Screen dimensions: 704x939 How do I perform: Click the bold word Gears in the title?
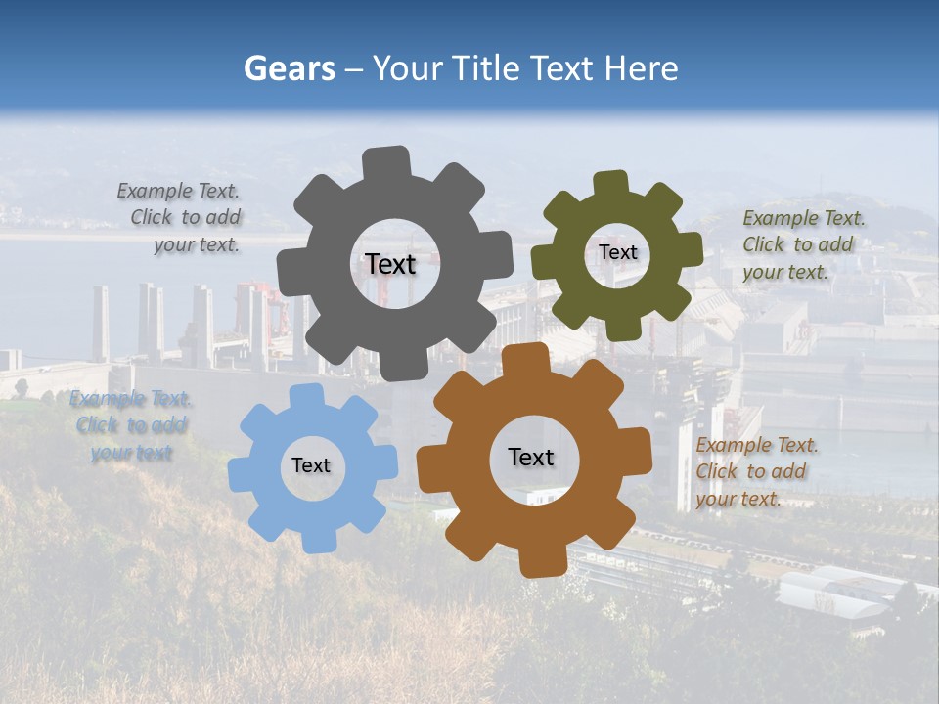[x=289, y=68]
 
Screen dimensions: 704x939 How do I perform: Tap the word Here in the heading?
[x=641, y=68]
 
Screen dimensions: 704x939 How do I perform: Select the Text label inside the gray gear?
[x=390, y=264]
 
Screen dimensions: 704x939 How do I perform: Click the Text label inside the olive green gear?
[x=617, y=252]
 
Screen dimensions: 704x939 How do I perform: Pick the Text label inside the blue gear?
[x=311, y=465]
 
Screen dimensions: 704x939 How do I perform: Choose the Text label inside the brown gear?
[x=531, y=457]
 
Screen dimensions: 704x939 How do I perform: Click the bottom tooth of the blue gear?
[x=317, y=540]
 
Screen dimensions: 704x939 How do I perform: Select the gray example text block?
[x=182, y=218]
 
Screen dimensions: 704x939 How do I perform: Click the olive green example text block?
[x=802, y=244]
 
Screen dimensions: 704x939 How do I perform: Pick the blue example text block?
[x=130, y=425]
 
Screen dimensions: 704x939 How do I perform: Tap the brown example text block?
[x=756, y=471]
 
